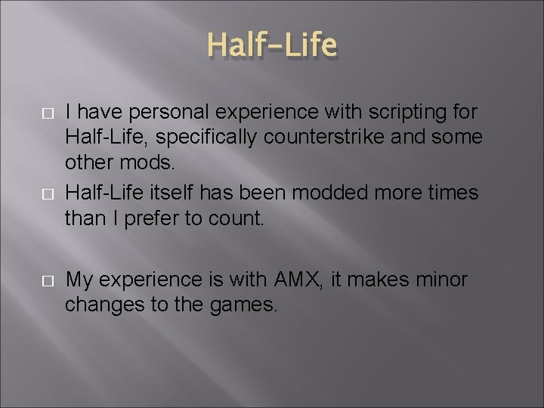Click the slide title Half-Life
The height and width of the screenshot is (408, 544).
[x=272, y=46]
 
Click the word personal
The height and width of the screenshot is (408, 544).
[x=160, y=112]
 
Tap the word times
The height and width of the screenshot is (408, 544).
[x=451, y=193]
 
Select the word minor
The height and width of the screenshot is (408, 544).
[x=441, y=280]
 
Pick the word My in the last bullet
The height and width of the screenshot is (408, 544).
[x=80, y=280]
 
